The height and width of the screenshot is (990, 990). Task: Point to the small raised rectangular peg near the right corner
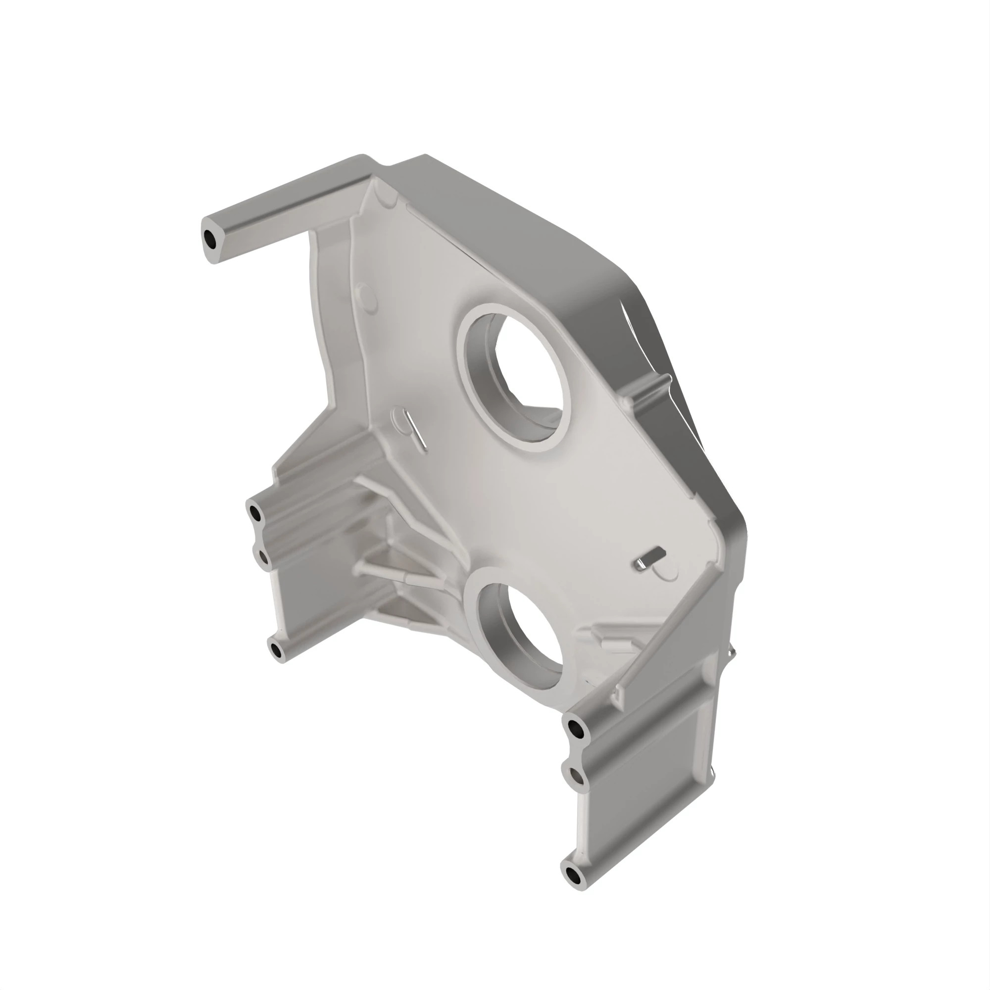[x=649, y=557]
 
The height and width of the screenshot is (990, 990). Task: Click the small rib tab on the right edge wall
[x=661, y=381]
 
